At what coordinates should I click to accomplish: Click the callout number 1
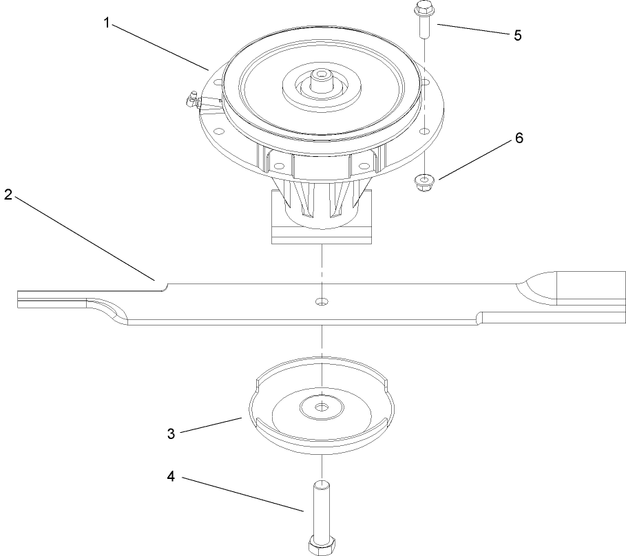(x=107, y=23)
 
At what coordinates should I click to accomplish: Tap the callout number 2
(x=8, y=194)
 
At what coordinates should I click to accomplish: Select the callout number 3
(x=171, y=434)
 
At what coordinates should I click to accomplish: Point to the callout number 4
(x=171, y=475)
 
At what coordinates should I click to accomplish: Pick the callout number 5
(x=517, y=36)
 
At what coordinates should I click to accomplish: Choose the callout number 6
(x=519, y=138)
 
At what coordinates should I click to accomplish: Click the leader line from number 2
(x=83, y=237)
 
